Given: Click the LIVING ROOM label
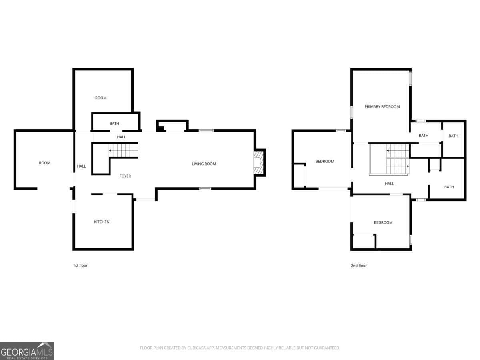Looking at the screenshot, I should (x=204, y=164).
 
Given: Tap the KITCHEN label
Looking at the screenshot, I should (x=102, y=222).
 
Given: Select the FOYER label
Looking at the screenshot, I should (x=125, y=176).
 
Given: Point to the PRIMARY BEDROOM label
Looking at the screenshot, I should (x=382, y=107).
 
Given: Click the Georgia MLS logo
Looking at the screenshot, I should (x=27, y=351).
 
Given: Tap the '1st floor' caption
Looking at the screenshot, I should (x=80, y=266).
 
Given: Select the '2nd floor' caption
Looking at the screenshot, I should (x=358, y=266).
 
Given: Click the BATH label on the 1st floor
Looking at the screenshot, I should (x=114, y=124).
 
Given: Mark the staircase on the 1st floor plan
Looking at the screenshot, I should (x=124, y=150).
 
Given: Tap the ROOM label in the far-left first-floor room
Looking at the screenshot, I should (x=45, y=163).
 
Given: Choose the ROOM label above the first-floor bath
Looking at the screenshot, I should (x=101, y=98).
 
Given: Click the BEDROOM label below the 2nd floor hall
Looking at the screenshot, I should (x=383, y=222).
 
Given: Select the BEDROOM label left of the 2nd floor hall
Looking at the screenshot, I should (x=325, y=162).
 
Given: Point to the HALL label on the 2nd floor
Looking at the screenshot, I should (x=389, y=184).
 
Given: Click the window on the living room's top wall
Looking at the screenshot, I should (x=206, y=130).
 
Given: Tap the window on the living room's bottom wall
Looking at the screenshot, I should (x=205, y=188).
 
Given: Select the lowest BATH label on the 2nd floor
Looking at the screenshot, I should (x=449, y=187).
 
